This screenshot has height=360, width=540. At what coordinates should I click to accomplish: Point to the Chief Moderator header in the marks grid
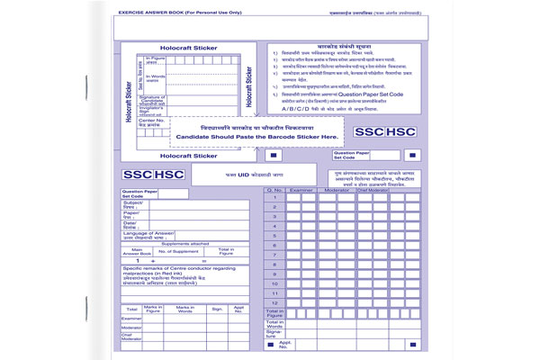pos(373,190)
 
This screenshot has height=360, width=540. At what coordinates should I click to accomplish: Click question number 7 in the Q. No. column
pos(274,255)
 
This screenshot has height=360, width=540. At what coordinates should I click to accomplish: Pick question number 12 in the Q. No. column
pos(274,303)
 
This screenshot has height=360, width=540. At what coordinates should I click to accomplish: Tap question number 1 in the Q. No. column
pos(274,197)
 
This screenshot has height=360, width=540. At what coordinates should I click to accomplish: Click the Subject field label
pos(134,204)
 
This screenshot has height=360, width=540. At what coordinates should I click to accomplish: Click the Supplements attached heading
pos(184,243)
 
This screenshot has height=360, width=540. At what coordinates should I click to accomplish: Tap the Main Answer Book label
pos(137,251)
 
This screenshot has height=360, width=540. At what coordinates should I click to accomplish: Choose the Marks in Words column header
pos(184,308)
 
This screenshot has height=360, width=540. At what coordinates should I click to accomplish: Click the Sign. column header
pos(216,308)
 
